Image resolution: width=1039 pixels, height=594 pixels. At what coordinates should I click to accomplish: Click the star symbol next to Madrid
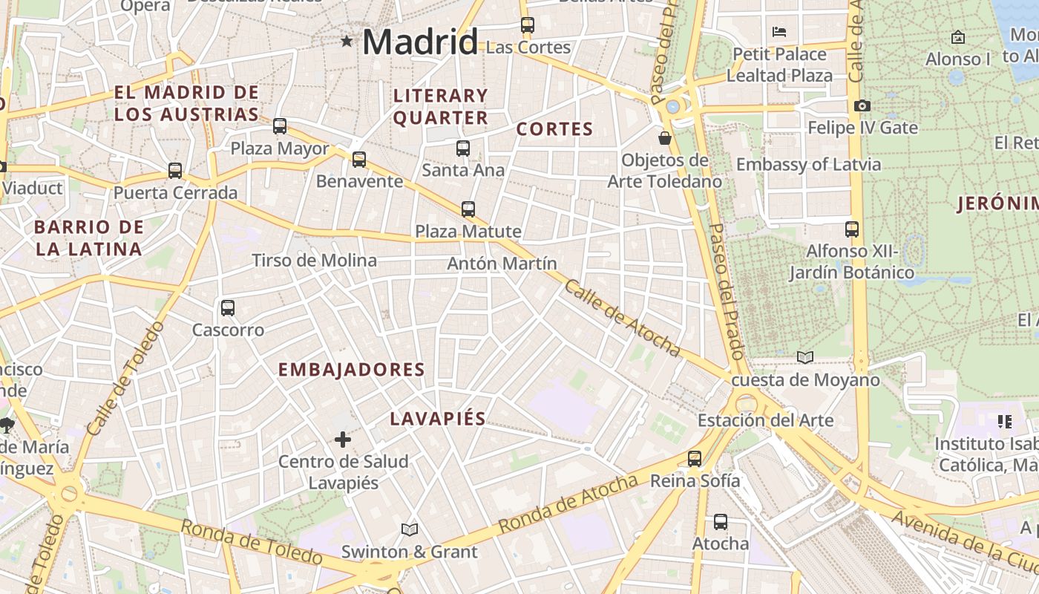347,41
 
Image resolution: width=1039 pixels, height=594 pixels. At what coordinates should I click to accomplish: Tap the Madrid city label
420,42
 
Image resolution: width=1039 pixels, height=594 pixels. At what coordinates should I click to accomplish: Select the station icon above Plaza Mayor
280,126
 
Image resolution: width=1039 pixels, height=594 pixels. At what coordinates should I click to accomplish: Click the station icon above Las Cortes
528,25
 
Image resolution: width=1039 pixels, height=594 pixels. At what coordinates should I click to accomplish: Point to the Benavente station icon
359,159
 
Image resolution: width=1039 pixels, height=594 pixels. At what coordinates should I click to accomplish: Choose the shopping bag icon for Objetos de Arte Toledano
664,138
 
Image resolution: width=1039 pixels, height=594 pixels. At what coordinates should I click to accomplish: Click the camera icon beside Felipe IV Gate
862,106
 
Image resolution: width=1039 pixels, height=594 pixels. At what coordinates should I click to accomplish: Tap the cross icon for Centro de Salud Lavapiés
343,440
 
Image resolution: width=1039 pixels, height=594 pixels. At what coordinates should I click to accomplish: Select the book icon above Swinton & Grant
409,529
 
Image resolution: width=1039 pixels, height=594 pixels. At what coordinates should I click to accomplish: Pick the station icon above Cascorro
228,307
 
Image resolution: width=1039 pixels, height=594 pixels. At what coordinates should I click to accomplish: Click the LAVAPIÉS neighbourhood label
438,419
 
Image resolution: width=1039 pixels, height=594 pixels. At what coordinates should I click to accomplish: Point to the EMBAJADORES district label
351,370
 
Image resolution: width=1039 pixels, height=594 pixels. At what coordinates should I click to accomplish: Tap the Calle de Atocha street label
622,317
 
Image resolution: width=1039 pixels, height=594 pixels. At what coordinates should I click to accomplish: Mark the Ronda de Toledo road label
252,543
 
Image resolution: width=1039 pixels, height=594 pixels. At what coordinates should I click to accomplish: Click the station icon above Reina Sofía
695,459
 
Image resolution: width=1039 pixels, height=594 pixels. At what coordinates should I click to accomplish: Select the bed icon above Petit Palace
779,32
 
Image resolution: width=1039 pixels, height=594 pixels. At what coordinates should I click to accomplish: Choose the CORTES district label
554,129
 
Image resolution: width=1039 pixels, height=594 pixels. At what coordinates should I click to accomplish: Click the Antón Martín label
502,264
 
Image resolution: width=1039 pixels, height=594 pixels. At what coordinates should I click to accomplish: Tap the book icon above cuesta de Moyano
805,358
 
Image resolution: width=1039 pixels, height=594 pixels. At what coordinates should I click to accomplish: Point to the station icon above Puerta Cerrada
175,171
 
